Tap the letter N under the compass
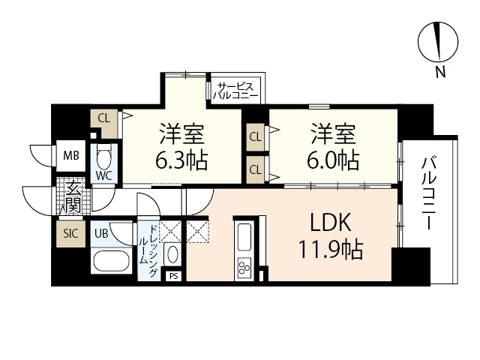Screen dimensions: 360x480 coord(439,73)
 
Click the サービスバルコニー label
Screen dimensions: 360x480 coord(235,91)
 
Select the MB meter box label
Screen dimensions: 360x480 coord(71,157)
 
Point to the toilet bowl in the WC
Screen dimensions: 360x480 coord(103,158)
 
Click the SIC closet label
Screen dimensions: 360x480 coord(70,233)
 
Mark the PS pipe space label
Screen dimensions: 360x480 coord(174,276)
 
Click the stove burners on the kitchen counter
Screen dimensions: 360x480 coord(245,267)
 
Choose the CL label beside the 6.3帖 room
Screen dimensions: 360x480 coord(104,117)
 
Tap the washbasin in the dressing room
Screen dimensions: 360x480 coord(172,253)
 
